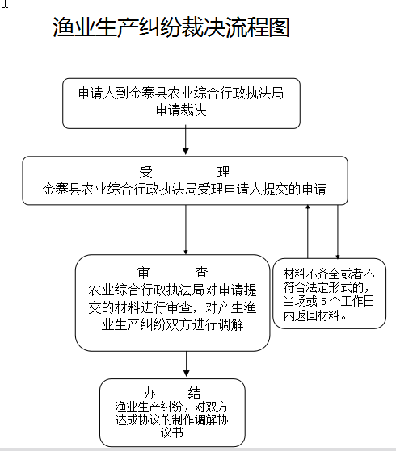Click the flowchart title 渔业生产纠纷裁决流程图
point(171,27)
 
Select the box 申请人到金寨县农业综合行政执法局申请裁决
point(181,103)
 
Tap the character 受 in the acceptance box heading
point(145,172)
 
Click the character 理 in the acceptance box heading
point(223,172)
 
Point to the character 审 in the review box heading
point(144,273)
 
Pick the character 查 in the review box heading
point(201,273)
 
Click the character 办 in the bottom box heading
point(150,393)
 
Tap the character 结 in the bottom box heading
point(194,393)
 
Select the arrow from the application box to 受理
point(186,140)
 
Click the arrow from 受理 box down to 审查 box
point(186,229)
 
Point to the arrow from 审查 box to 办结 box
point(186,364)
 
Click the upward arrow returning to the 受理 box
point(308,232)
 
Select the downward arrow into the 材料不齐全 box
point(338,232)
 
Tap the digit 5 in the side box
point(323,302)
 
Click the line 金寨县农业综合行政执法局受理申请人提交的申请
point(184,190)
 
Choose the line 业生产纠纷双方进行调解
point(173,324)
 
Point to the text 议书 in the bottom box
point(172,432)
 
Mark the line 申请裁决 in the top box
point(181,111)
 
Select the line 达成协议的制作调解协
point(172,420)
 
